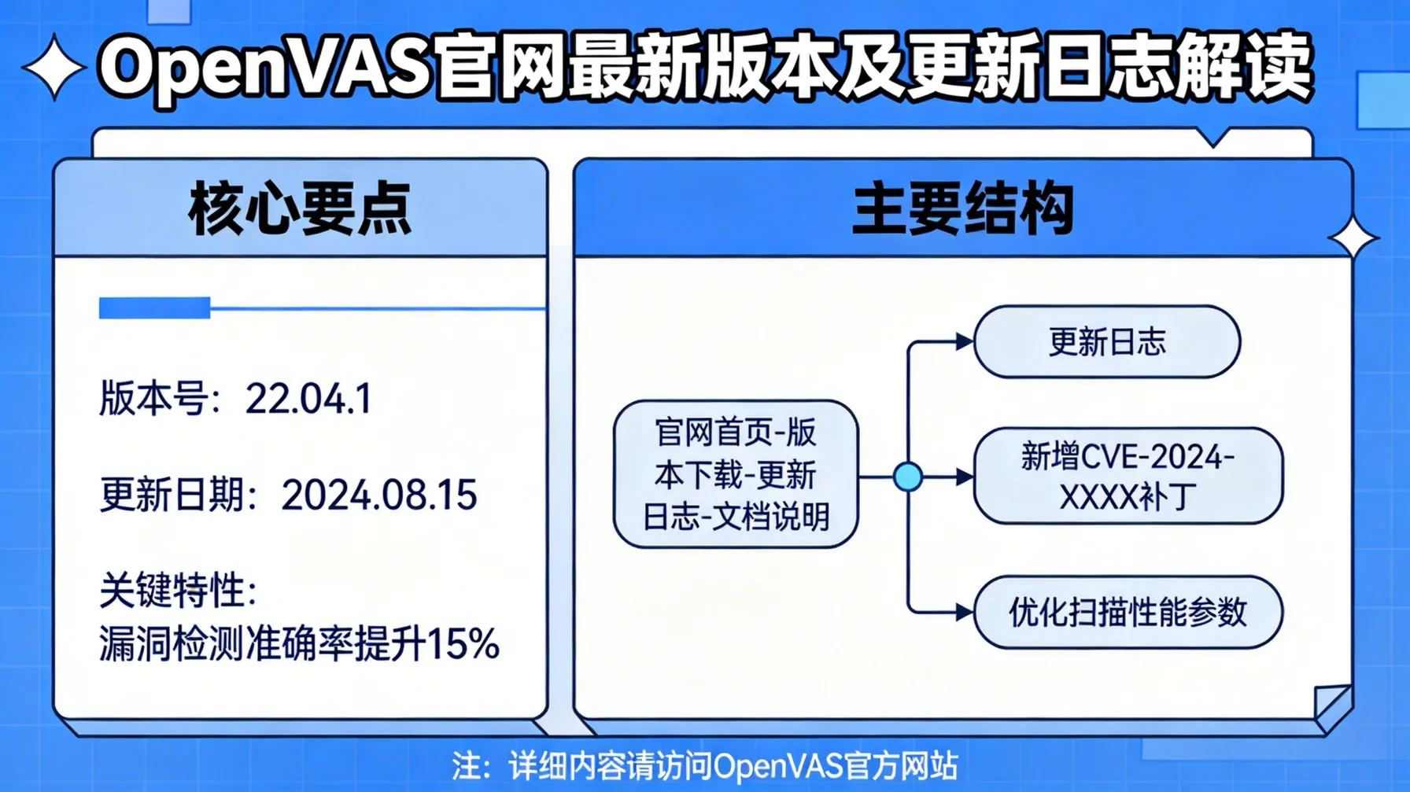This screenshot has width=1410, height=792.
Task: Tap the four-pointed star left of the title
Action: (54, 68)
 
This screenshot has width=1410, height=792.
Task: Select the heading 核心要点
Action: (300, 209)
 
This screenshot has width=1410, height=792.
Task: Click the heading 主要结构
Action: (963, 209)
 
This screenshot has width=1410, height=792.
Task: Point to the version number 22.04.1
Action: (308, 399)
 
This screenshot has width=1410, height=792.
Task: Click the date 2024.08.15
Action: (378, 495)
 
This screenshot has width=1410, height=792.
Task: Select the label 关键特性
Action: (174, 590)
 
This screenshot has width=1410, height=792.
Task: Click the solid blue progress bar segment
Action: (154, 308)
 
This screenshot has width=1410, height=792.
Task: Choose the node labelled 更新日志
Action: (1107, 342)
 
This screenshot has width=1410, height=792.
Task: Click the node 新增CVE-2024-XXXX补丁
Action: (1128, 477)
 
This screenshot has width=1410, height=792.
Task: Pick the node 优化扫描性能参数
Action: (1128, 613)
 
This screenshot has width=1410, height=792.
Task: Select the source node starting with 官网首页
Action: (736, 474)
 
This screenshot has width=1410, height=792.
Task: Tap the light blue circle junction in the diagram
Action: (908, 477)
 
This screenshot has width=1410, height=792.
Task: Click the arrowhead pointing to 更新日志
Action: (964, 342)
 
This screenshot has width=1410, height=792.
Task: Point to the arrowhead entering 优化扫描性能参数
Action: (964, 613)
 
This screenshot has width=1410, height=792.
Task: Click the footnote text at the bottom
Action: (704, 765)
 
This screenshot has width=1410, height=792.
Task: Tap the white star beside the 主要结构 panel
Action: (1353, 237)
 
